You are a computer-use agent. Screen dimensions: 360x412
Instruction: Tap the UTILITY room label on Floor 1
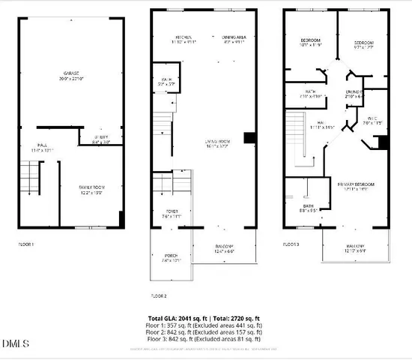click(x=101, y=139)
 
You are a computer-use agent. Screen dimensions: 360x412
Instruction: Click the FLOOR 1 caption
click(x=26, y=244)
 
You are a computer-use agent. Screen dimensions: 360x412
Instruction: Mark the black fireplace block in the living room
click(x=250, y=137)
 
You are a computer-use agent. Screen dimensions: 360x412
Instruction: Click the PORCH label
click(x=172, y=259)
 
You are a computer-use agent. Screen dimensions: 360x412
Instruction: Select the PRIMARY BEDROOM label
click(x=355, y=186)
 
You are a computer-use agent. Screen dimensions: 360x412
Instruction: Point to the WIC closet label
click(x=372, y=120)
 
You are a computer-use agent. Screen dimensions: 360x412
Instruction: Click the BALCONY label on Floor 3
click(x=355, y=247)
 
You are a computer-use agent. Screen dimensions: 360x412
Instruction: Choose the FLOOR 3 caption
click(x=291, y=244)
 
